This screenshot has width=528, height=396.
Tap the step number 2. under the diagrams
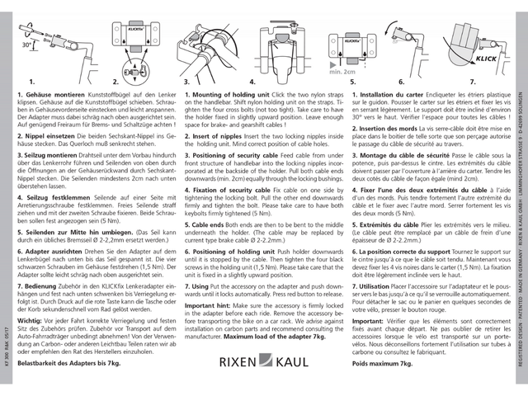tap(115, 82)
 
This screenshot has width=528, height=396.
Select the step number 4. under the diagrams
tap(256, 82)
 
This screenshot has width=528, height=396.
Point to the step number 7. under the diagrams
tap(473, 82)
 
